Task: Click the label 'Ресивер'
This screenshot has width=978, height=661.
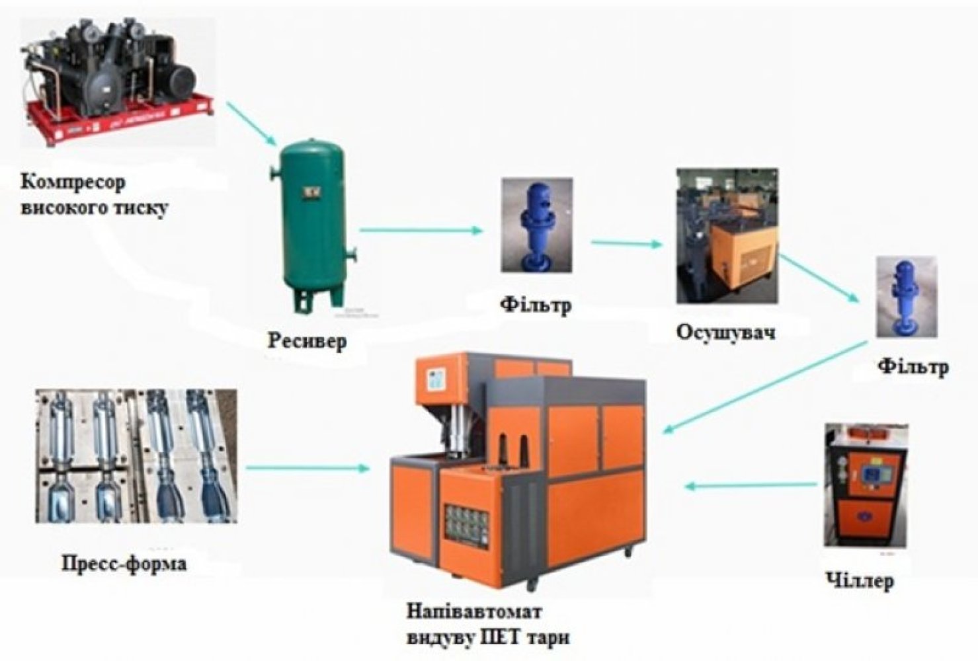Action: tap(307, 341)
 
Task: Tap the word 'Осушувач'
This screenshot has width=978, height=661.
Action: tap(725, 332)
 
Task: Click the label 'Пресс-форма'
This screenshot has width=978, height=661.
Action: tap(124, 564)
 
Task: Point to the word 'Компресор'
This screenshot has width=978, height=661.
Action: tap(73, 182)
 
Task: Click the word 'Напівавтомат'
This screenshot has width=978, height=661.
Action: tap(474, 611)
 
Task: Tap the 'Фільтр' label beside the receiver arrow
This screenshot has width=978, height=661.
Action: tap(535, 305)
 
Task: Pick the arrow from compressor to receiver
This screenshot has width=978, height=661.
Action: tap(252, 124)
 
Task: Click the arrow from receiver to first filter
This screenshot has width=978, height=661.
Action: tap(421, 231)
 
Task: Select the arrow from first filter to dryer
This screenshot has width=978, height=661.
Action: tap(626, 244)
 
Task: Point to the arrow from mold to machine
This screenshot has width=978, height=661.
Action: tap(307, 468)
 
